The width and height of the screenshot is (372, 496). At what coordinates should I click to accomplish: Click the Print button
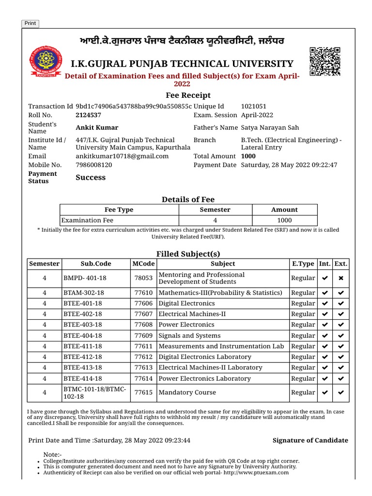click(30, 23)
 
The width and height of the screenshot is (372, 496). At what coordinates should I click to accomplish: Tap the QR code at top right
click(325, 62)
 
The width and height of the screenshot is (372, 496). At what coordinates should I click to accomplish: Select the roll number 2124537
click(88, 115)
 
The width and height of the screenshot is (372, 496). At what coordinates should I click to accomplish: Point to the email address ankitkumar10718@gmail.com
click(122, 156)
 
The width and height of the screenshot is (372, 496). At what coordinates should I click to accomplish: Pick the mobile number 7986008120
click(94, 165)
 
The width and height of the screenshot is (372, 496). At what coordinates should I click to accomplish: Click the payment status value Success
click(91, 178)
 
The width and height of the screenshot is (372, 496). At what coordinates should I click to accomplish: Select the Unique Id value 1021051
click(254, 106)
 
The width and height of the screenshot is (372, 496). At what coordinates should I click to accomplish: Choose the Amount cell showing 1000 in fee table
click(284, 220)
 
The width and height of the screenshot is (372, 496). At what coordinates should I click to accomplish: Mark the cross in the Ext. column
click(341, 279)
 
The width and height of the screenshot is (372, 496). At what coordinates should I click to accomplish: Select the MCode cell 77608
click(143, 325)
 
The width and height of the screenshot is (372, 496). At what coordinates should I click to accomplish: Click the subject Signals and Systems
click(189, 336)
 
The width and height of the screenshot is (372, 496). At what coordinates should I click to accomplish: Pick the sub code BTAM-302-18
click(83, 293)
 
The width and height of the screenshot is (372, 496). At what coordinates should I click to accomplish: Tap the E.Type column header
click(303, 264)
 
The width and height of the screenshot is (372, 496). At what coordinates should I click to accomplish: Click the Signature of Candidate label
click(310, 440)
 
